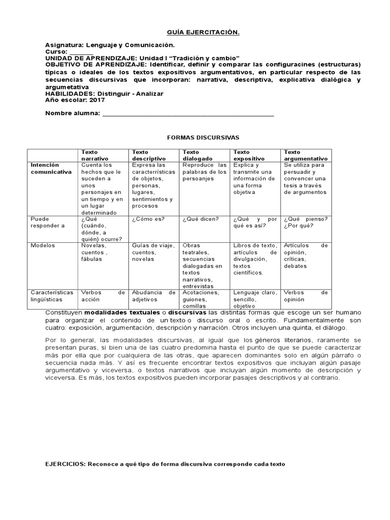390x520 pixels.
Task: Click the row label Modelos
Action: (x=43, y=245)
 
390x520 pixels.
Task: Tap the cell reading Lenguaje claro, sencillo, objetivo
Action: (x=255, y=300)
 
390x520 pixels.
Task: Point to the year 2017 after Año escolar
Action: (x=96, y=100)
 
